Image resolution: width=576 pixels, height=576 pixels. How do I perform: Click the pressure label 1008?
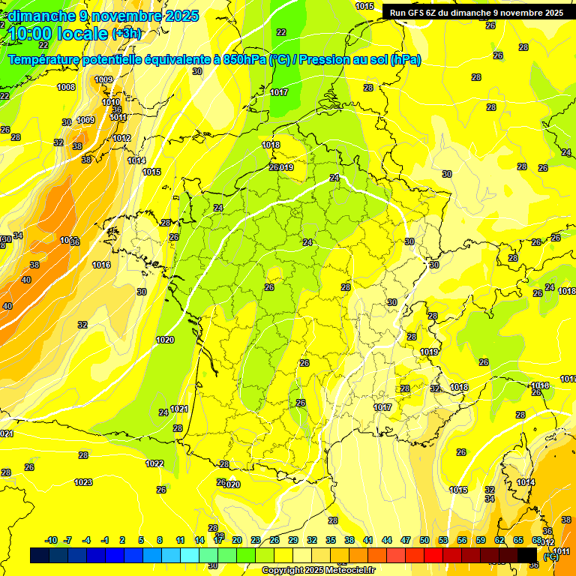[x=66, y=87]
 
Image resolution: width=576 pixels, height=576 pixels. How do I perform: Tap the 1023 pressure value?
[x=83, y=482]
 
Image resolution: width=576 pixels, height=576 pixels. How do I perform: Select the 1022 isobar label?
[x=154, y=463]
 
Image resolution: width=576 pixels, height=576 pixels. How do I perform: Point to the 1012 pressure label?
[x=122, y=138]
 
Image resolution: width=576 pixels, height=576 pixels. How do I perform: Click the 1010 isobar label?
[x=111, y=102]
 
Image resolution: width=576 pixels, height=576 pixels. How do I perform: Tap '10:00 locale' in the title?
[x=57, y=34]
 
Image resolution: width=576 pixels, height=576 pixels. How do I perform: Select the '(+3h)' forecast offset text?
[x=126, y=34]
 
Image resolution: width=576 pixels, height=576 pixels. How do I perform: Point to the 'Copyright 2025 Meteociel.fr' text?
[x=317, y=570]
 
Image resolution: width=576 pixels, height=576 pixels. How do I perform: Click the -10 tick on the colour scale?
[x=51, y=540]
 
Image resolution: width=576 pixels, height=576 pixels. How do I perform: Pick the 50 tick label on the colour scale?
[x=424, y=540]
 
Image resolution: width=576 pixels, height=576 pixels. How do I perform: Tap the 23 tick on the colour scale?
[x=256, y=540]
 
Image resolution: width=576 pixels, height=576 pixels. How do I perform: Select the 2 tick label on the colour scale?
[x=122, y=540]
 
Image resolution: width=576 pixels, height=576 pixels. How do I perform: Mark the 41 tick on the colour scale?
[x=368, y=540]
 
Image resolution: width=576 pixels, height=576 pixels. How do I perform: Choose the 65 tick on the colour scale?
[x=518, y=540]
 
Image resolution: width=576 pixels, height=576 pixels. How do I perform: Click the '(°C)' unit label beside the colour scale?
[x=551, y=556]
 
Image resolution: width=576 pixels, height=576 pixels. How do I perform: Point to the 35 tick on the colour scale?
[x=331, y=540]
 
